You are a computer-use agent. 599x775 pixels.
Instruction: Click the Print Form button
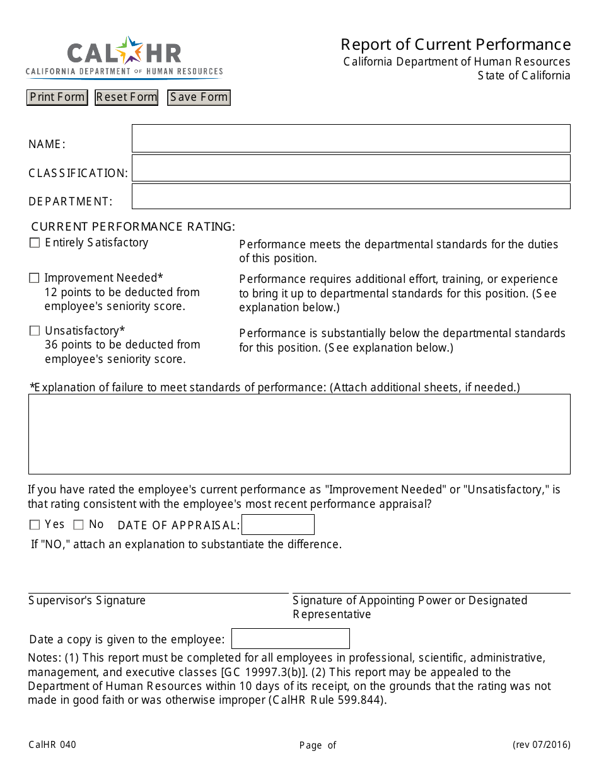[x=57, y=97]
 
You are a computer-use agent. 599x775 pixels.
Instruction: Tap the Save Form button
[x=199, y=97]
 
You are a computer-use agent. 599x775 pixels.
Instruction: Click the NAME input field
[x=351, y=138]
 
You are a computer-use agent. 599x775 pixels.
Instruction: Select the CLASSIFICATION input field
[x=351, y=168]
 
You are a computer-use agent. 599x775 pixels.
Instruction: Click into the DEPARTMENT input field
[x=351, y=197]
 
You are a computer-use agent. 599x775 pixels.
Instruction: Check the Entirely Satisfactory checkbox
[x=35, y=243]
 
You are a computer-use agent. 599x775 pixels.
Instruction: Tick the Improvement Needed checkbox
[x=34, y=278]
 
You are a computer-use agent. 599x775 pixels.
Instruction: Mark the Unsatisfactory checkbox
[x=35, y=331]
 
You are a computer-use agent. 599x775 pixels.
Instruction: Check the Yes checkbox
[x=35, y=525]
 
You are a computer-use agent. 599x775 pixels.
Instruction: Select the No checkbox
[x=78, y=525]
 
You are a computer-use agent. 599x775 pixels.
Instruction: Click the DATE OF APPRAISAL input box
[x=277, y=525]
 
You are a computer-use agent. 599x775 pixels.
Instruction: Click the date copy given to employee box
[x=290, y=639]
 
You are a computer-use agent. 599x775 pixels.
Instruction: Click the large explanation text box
[x=299, y=434]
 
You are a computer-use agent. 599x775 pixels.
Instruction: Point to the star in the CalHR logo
[x=131, y=50]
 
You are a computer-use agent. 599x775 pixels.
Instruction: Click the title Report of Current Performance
[x=455, y=44]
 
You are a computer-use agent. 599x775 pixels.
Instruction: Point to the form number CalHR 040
[x=52, y=745]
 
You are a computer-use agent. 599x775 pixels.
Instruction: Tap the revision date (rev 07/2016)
[x=541, y=745]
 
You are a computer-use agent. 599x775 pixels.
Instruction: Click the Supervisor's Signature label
[x=87, y=600]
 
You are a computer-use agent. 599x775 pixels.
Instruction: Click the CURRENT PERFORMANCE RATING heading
[x=133, y=226]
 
